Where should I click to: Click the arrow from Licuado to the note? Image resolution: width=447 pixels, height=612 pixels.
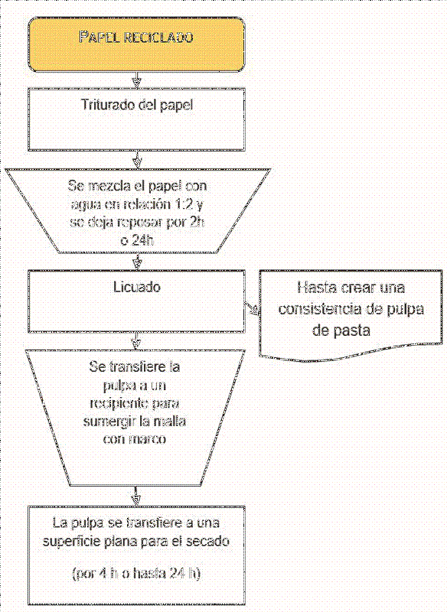251,308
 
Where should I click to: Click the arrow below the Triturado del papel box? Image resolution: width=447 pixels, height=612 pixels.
136,159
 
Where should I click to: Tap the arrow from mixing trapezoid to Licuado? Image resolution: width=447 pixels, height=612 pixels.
136,261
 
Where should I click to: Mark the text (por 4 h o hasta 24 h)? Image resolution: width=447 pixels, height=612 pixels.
136,573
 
